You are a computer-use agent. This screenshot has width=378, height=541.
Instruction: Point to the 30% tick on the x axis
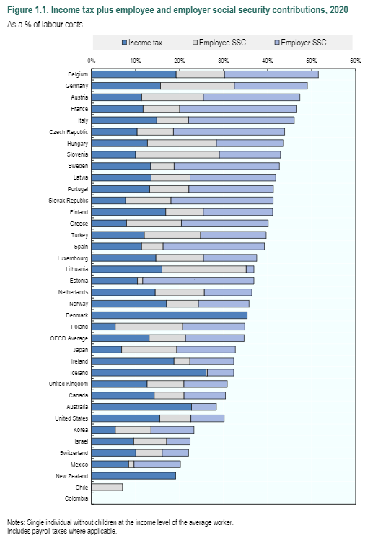pos(224,61)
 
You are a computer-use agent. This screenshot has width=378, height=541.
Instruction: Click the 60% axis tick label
pos(355,61)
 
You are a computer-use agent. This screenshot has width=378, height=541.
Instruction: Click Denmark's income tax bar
pos(170,315)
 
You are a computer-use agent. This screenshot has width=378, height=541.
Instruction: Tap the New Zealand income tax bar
pos(133,475)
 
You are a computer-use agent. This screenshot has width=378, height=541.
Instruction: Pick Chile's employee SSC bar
pos(107,487)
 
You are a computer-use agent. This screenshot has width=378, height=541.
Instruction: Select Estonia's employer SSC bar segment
pos(198,281)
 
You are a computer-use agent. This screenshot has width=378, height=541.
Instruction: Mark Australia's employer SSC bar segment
pos(203,407)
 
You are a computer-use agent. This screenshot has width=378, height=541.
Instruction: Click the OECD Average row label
pos(69,338)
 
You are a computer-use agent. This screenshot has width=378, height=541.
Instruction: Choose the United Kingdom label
pos(69,384)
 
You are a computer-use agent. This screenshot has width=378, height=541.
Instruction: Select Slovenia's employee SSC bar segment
pos(177,154)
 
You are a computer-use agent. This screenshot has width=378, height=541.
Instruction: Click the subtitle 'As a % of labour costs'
pos(45,25)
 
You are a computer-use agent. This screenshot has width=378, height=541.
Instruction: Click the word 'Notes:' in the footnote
pos(16,522)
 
